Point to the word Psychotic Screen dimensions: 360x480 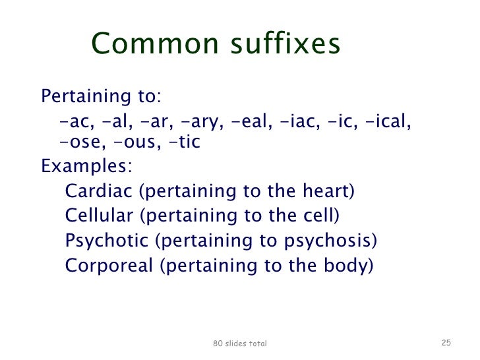(106, 241)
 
